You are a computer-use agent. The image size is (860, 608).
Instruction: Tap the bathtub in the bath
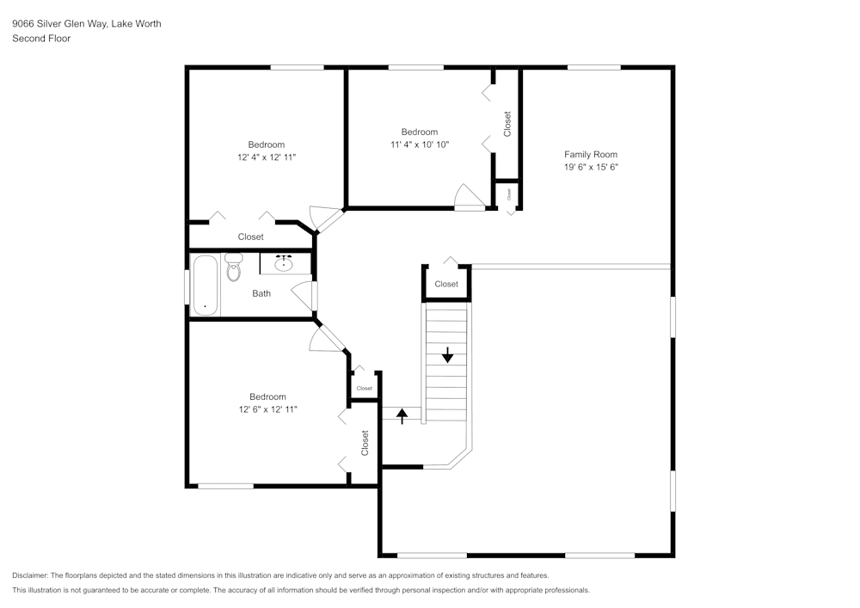(206, 285)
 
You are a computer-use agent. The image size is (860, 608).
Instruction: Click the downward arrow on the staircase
(447, 353)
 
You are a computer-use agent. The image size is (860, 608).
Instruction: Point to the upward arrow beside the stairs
(402, 416)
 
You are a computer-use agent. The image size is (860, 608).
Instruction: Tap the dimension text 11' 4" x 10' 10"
(420, 144)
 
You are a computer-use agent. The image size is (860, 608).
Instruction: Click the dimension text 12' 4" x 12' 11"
(267, 157)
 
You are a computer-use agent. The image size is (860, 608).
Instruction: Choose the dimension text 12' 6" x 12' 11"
(267, 409)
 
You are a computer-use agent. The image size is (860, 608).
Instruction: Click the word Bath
(261, 293)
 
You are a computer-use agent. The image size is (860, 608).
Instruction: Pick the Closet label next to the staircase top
(446, 284)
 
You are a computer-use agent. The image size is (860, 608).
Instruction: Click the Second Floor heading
(41, 39)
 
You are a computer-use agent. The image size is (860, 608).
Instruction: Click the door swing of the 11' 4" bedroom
(469, 198)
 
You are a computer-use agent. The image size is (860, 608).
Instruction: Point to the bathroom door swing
(304, 295)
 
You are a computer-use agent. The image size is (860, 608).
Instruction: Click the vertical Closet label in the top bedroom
(507, 124)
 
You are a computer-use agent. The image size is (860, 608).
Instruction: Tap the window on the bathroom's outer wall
(187, 286)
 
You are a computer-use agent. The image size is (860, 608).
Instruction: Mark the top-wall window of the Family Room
(593, 67)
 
